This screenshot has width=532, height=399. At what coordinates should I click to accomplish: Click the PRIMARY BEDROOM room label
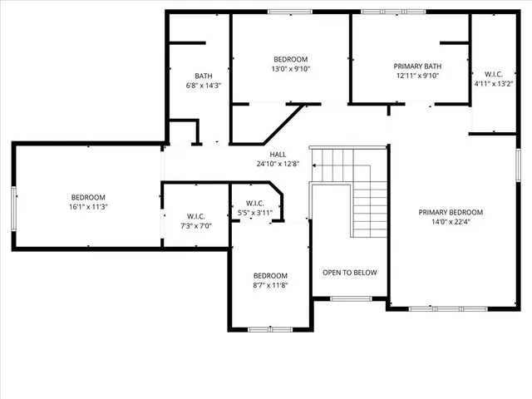(x=450, y=212)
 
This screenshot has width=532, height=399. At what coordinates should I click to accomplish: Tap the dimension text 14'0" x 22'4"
(x=450, y=222)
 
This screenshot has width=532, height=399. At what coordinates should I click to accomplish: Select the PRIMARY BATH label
(x=417, y=66)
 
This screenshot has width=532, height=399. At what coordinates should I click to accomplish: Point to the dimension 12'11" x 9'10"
(x=417, y=76)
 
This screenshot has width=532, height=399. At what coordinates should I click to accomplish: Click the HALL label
(x=277, y=155)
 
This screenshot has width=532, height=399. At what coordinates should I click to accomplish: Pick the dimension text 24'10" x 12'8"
(x=277, y=164)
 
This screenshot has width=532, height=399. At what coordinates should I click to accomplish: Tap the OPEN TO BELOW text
(x=349, y=272)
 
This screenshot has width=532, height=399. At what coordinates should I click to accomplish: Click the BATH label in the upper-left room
(x=204, y=76)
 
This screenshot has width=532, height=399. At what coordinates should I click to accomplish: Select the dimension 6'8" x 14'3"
(x=204, y=86)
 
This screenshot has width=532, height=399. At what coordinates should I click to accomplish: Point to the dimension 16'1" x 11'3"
(x=87, y=206)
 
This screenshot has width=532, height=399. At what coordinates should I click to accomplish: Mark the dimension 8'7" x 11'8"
(x=270, y=285)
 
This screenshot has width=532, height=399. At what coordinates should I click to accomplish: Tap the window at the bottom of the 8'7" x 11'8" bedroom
(x=270, y=329)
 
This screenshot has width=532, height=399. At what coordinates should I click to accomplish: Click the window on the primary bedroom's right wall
(x=517, y=163)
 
